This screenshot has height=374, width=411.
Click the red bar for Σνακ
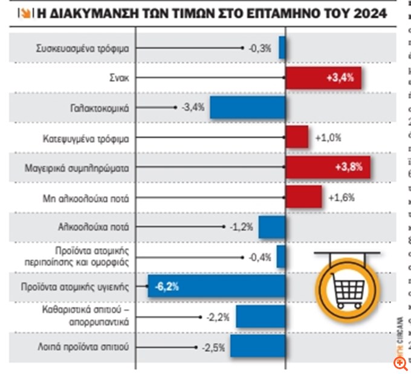[x=323, y=78]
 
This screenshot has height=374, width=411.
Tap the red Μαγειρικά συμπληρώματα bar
[x=327, y=167]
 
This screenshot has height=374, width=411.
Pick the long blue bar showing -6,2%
[x=216, y=286]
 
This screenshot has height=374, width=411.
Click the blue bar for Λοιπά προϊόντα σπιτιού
[x=257, y=347]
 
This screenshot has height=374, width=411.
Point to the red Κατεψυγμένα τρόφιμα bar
[x=297, y=137]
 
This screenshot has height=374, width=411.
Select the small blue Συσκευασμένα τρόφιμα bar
[x=282, y=48]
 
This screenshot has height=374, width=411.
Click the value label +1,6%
[x=340, y=197]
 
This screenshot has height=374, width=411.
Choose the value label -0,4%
[x=260, y=257]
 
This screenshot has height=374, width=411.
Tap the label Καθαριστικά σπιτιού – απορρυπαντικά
[x=88, y=316]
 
